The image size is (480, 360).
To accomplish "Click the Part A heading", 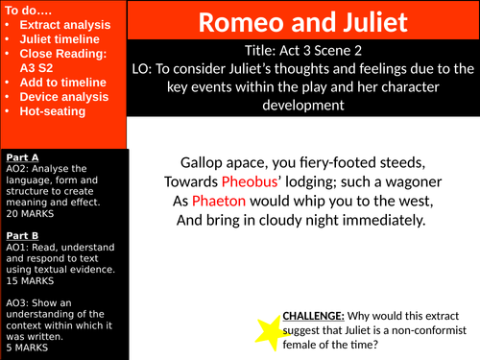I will tap(22, 156).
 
